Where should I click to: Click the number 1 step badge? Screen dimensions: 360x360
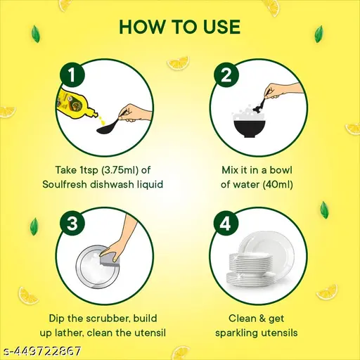point(72,75)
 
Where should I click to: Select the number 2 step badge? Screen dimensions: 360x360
point(226,75)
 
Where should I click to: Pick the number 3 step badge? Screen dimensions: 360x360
point(72,223)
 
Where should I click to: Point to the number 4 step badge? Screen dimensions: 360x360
point(226,223)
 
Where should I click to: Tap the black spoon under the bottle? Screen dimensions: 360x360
point(110,126)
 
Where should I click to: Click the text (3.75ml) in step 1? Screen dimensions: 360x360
point(120,170)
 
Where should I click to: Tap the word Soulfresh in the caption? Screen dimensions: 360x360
point(65,184)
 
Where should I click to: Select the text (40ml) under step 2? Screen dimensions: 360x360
point(278,185)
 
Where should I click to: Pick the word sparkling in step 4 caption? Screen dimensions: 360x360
point(237,333)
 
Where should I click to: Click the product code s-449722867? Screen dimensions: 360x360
point(41,351)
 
